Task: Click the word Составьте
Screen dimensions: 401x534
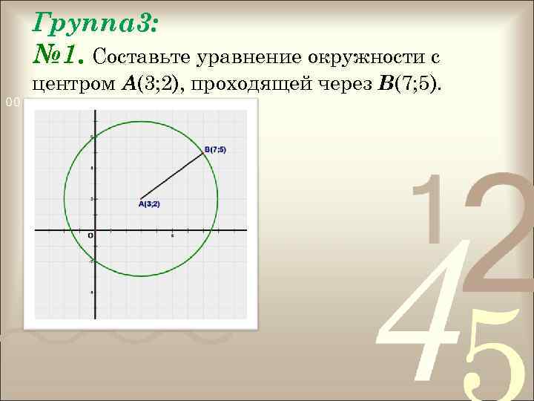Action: click(x=140, y=57)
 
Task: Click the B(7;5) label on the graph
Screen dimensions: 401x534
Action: click(x=215, y=149)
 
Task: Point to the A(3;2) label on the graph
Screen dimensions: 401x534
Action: click(x=149, y=203)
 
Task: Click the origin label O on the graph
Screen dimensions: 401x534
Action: click(x=90, y=236)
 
